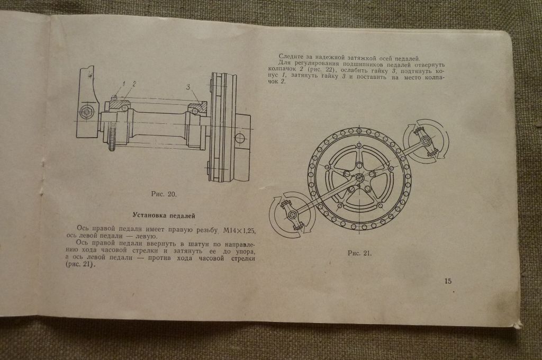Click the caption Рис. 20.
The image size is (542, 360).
click(164, 194)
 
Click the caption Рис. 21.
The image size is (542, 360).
click(359, 253)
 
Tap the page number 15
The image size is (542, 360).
click(448, 281)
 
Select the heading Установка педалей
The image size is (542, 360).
click(164, 216)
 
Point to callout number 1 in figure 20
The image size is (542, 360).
click(123, 84)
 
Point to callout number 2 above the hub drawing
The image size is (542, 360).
click(134, 84)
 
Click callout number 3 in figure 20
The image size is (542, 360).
click(188, 87)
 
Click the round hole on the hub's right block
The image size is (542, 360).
click(240, 138)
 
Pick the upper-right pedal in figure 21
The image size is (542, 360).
click(426, 141)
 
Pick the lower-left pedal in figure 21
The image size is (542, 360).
click(292, 215)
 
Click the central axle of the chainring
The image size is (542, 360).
click(359, 178)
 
